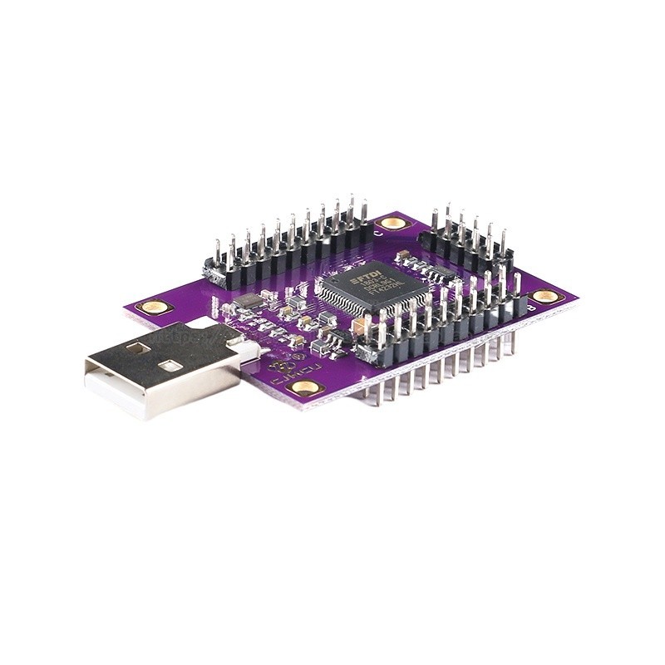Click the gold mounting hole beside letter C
[391, 222]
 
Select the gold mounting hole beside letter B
[545, 295]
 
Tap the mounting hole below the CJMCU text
[305, 387]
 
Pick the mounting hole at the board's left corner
[153, 307]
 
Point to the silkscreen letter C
[378, 234]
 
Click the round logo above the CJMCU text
[274, 363]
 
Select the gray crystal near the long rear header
[248, 301]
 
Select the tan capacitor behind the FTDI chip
[402, 254]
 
